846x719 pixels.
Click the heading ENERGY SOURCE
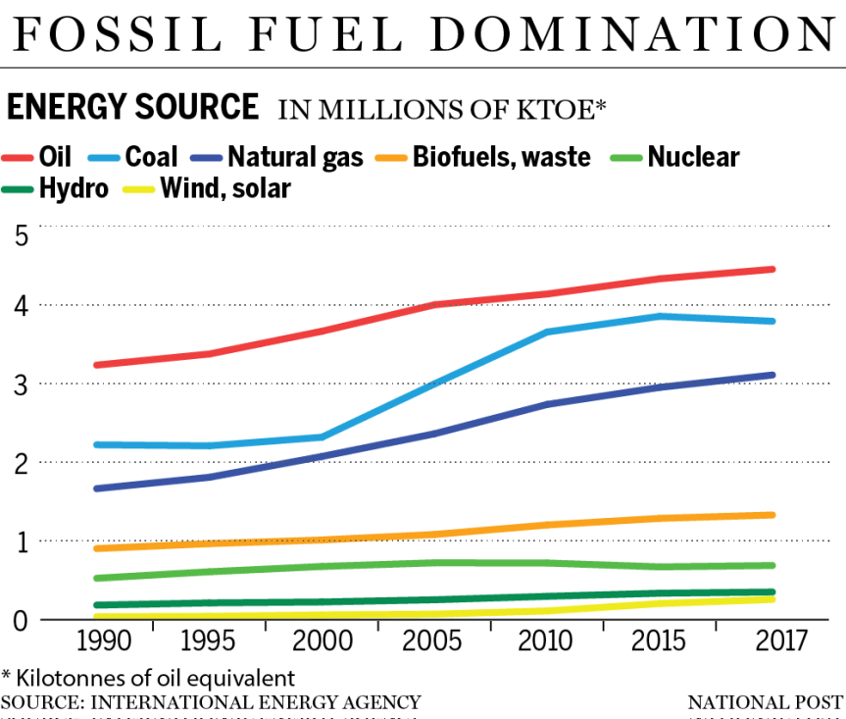click(133, 106)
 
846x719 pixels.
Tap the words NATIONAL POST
click(765, 702)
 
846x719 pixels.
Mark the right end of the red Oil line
click(772, 269)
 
